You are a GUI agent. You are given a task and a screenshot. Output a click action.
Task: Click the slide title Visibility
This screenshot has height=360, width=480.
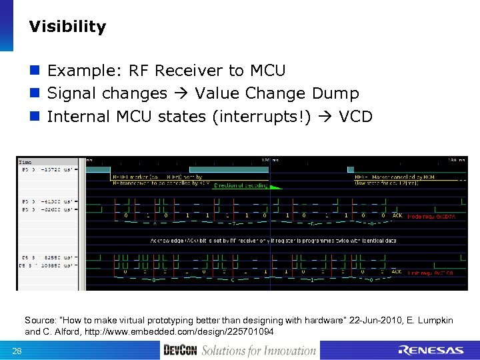(x=67, y=27)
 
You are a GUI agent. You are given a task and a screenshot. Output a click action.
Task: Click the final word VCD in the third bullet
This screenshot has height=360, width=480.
(x=355, y=117)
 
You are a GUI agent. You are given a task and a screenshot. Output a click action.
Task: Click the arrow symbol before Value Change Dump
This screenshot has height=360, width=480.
(x=182, y=94)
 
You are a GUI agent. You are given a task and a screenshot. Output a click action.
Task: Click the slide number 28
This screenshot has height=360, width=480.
(x=17, y=351)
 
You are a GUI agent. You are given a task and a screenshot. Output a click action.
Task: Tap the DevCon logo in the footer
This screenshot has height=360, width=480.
(x=180, y=350)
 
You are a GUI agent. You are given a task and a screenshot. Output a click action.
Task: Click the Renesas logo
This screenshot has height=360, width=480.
(x=430, y=350)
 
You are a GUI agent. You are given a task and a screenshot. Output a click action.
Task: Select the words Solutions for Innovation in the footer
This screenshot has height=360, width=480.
(x=259, y=350)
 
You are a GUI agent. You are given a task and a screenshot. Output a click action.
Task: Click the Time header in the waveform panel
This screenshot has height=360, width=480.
(x=25, y=162)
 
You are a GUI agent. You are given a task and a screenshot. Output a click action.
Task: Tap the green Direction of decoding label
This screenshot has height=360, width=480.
(x=239, y=185)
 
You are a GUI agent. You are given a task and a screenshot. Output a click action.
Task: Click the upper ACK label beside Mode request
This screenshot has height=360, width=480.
(x=397, y=216)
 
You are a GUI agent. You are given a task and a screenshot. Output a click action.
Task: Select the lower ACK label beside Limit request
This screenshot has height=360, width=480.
(x=397, y=272)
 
